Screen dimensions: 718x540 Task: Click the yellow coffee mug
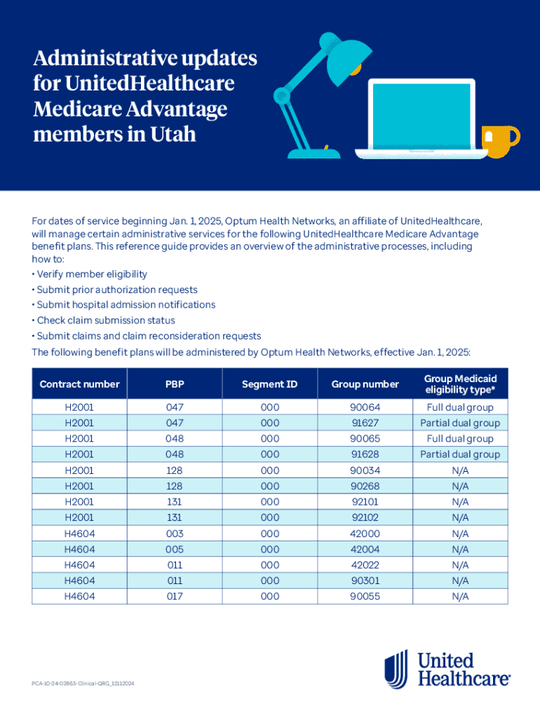pos(500,142)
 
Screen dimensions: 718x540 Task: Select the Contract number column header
pos(79,384)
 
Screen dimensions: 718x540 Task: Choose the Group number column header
pos(365,384)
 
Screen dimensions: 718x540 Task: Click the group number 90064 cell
pos(365,407)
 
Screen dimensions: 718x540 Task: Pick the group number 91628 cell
pos(365,454)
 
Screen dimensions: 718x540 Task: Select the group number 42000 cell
pos(365,534)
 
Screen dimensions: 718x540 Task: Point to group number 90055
pos(365,597)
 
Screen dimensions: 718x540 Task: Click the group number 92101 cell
pos(365,502)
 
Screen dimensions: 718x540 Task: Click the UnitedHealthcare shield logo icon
pos(396,668)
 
